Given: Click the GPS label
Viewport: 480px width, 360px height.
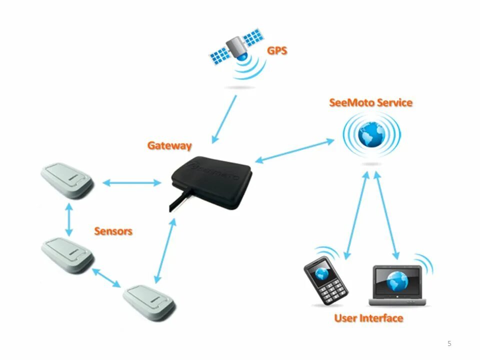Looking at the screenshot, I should pyautogui.click(x=277, y=50).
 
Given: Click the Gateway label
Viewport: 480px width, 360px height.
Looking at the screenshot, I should pyautogui.click(x=169, y=146).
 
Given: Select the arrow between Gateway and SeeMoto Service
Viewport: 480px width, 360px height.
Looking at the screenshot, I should pyautogui.click(x=294, y=150).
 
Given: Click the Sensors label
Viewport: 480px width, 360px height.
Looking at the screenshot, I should pyautogui.click(x=113, y=231).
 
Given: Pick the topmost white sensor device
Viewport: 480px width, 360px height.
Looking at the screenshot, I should pyautogui.click(x=66, y=180).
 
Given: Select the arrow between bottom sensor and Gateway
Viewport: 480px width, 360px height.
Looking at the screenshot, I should pyautogui.click(x=165, y=251).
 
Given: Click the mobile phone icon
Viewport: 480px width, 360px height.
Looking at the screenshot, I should pyautogui.click(x=325, y=279).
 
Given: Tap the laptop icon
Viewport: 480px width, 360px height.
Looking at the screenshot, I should pyautogui.click(x=398, y=285).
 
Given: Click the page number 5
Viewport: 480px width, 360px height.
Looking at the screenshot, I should pyautogui.click(x=449, y=343).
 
